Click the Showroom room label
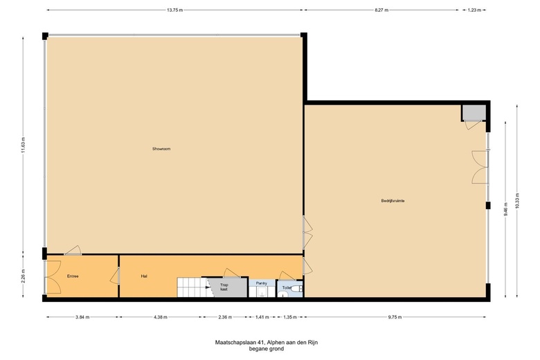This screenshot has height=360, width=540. [x=161, y=149]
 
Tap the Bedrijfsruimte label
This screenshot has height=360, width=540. [x=393, y=201]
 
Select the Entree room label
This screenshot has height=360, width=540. [x=73, y=276]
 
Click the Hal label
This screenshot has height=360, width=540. [x=144, y=276]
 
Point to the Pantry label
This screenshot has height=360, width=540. [x=262, y=283]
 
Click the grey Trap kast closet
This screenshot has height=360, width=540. [x=228, y=287]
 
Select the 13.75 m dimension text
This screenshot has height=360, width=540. [x=174, y=10]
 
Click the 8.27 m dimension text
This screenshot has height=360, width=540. [x=381, y=10]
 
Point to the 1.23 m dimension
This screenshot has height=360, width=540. [x=474, y=10]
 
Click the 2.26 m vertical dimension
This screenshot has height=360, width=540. [x=24, y=276]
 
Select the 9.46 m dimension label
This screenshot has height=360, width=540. [x=505, y=208]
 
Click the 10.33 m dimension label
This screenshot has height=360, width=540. [x=517, y=201]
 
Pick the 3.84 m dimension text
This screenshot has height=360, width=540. [x=82, y=317]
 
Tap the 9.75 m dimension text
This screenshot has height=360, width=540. [x=395, y=317]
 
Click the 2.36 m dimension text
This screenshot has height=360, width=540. [x=225, y=317]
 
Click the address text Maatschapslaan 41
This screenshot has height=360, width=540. [x=240, y=343]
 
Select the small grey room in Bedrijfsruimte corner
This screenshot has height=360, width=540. [x=474, y=113]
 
